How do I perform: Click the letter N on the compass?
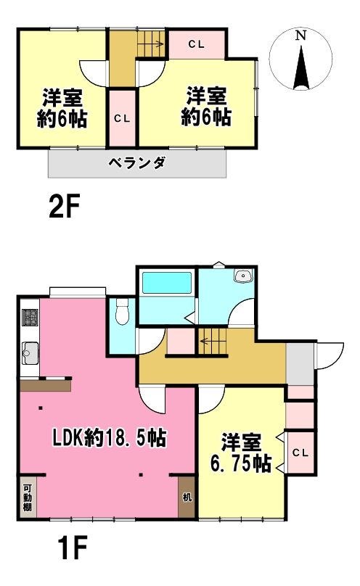point(301,36)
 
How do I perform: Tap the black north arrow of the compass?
point(302,67)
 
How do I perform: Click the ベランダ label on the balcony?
point(137,163)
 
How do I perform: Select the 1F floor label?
point(73,548)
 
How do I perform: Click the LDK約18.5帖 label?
point(109,437)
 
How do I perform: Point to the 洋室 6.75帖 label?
point(241,453)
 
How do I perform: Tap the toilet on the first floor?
point(122,312)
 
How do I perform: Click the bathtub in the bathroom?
point(167,283)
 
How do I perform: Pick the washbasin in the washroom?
point(243,276)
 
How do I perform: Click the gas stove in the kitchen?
point(30,317)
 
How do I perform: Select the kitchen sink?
point(30,352)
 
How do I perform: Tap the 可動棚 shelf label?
point(28,498)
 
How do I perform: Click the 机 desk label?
point(187,497)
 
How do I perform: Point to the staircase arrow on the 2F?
point(151,44)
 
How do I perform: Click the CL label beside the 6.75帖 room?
point(300,453)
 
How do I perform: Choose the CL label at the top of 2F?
point(196,44)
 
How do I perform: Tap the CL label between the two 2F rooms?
point(122,119)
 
